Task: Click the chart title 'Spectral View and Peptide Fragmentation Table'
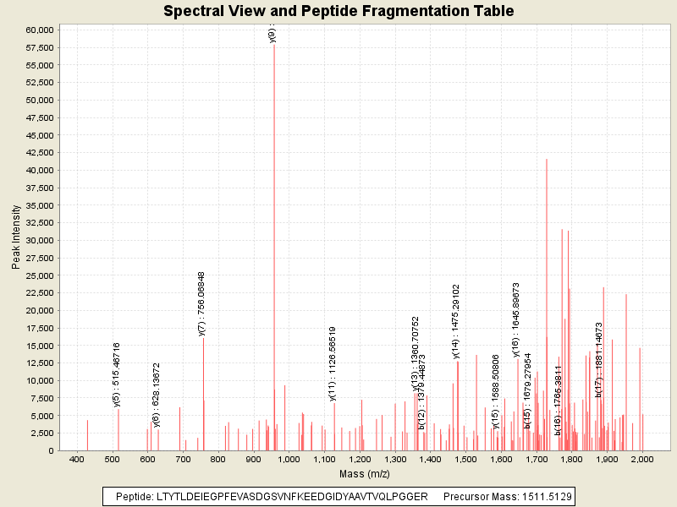pos(338,11)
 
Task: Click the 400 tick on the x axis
pos(77,460)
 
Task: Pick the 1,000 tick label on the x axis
pos(289,460)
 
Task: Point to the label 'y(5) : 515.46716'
pos(117,374)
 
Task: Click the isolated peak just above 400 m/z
pos(87,435)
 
